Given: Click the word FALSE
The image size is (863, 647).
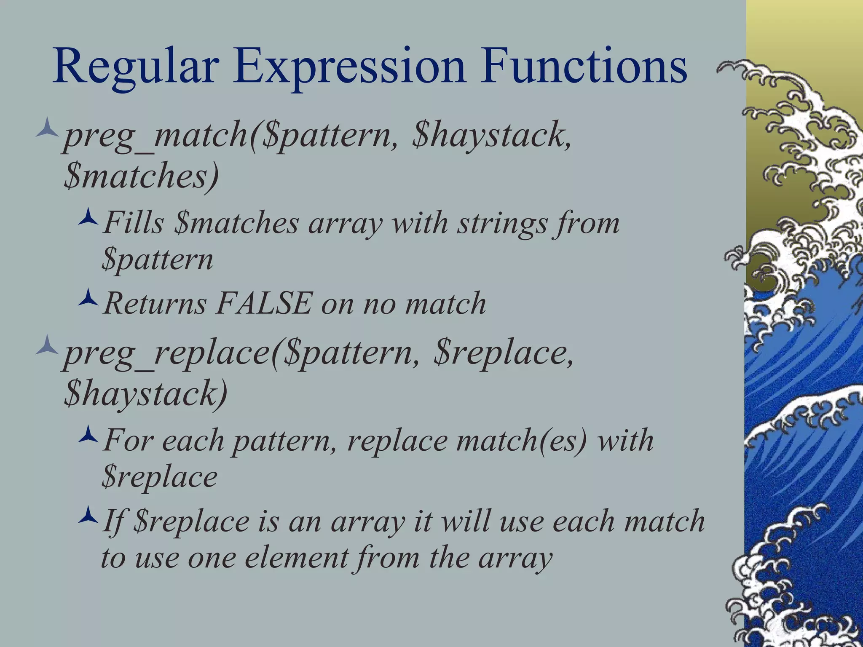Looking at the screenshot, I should click(264, 303).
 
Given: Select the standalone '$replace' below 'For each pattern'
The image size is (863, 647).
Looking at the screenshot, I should click(159, 478).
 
